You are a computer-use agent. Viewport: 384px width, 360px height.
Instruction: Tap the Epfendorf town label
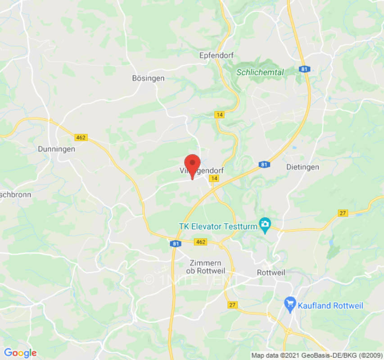pos(215,55)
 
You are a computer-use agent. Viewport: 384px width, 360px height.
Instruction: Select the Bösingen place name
pos(148,78)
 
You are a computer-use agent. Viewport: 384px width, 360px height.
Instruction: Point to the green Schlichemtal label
pos(260,72)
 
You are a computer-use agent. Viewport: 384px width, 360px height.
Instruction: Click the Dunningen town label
pos(56,149)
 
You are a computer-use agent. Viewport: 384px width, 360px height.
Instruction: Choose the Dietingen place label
pos(303,167)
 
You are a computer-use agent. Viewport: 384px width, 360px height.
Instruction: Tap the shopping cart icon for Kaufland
pos(290,305)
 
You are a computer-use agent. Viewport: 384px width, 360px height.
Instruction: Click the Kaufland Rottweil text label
pos(330,306)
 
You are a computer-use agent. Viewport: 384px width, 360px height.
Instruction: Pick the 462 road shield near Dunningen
pos(81,137)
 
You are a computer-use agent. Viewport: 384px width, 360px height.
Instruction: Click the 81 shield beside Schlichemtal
pos(304,69)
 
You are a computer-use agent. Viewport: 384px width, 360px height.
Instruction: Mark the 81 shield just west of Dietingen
pos(264,165)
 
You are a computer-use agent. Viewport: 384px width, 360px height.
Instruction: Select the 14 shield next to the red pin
pos(215,179)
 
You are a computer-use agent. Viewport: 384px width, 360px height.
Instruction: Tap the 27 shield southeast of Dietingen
pos(343,213)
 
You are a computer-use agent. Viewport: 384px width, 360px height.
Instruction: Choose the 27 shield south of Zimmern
pos(232,305)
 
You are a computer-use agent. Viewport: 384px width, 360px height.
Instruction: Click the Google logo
pos(20,353)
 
